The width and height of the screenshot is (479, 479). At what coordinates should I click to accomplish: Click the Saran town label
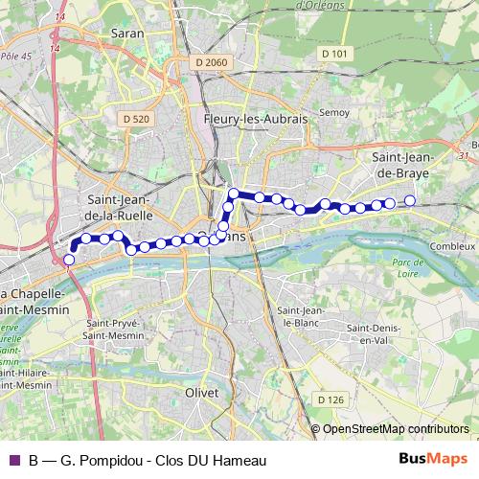click(x=127, y=33)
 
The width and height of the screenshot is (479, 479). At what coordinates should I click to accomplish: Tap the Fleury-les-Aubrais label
click(x=241, y=118)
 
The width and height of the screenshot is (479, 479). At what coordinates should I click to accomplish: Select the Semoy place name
click(x=335, y=112)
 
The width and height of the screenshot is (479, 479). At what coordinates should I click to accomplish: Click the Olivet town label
click(x=203, y=392)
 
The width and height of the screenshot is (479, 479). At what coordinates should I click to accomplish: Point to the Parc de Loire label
click(x=408, y=267)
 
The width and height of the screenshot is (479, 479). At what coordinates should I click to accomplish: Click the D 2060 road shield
click(x=210, y=62)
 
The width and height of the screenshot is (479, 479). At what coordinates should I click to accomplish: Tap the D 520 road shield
click(x=137, y=118)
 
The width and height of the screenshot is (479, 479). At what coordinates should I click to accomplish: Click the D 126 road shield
click(x=329, y=399)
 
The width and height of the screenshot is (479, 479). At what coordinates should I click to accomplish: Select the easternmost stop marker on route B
click(x=410, y=200)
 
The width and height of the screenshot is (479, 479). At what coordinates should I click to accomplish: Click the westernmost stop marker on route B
click(x=68, y=259)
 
